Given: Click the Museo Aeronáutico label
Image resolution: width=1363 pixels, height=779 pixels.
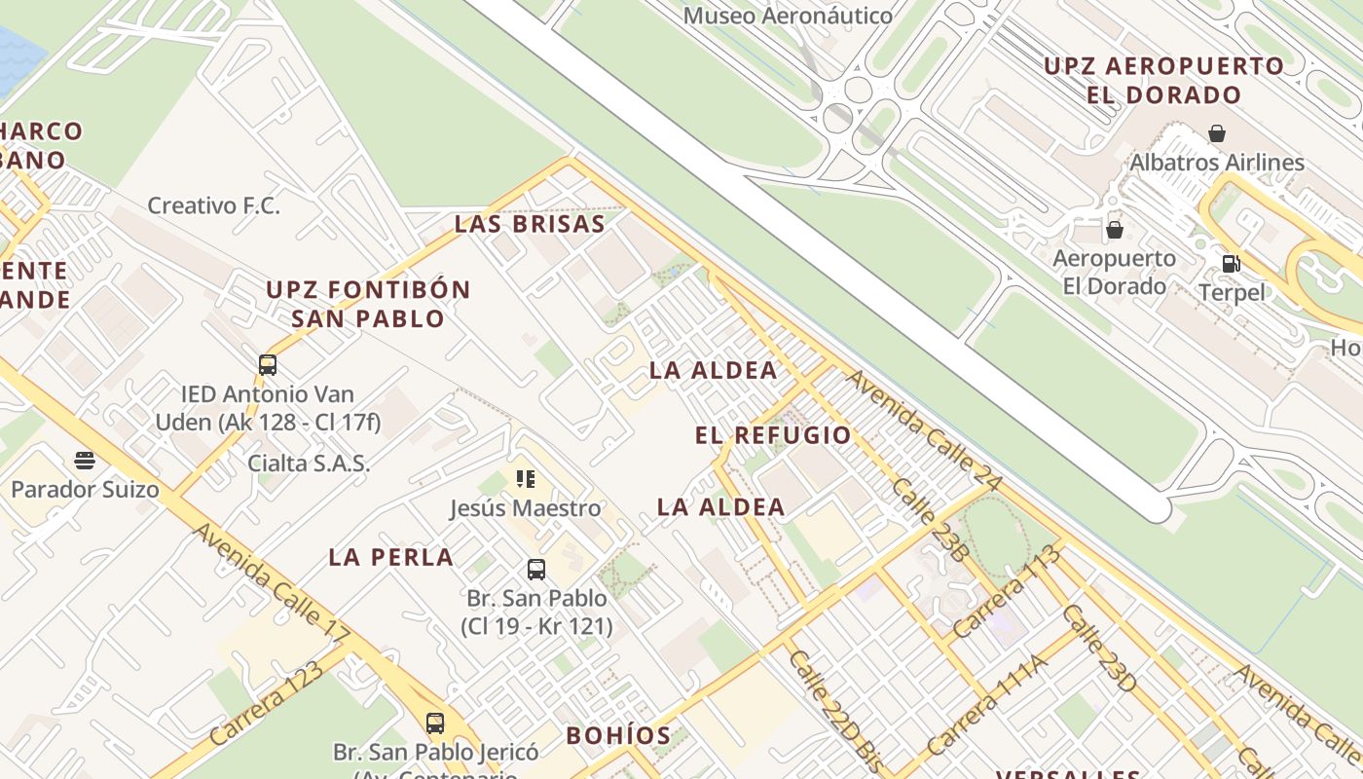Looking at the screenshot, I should (788, 17).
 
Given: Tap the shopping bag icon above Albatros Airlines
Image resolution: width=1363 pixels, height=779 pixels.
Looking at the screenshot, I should (1216, 133).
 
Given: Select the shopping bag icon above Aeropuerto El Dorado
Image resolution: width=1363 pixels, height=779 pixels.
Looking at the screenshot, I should (1115, 230).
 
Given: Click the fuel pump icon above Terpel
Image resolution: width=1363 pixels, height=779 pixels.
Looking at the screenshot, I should (1232, 263).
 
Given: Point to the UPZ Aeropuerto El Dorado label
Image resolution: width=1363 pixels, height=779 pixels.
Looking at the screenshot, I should (1164, 81).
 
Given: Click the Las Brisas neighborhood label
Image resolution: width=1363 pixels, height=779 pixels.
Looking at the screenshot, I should (530, 224).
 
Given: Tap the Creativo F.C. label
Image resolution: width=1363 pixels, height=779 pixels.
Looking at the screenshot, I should (213, 205).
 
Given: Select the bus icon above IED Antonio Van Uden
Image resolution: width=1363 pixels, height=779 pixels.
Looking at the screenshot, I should (268, 365).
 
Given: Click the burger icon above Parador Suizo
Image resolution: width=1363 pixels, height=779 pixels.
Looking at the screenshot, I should (85, 460).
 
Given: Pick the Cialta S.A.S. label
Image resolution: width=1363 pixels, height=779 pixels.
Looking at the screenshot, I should (309, 464).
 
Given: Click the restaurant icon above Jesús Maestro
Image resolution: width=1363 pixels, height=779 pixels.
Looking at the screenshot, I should (526, 478).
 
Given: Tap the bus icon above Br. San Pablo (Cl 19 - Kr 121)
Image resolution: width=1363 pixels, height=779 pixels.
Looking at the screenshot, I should (536, 570).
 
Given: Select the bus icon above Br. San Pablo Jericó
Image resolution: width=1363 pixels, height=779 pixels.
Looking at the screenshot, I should (435, 723).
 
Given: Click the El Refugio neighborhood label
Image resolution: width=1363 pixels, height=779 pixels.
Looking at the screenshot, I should (773, 435).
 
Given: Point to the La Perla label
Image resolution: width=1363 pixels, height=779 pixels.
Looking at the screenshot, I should (390, 557).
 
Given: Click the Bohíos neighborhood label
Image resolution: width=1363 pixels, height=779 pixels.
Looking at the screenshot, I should (618, 735).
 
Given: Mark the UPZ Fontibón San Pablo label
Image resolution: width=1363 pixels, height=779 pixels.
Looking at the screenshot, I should (368, 304).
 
